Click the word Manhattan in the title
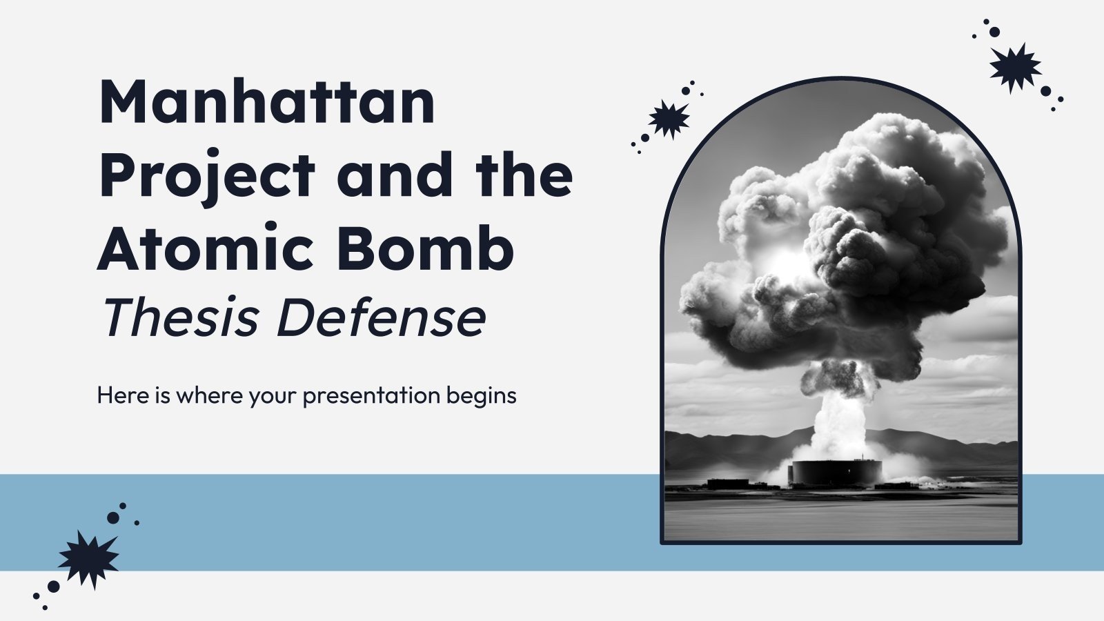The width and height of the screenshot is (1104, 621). (x=266, y=102)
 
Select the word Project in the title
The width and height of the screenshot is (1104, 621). (x=207, y=177)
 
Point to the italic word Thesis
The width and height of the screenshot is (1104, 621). (x=181, y=318)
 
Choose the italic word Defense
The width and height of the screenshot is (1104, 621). (x=381, y=318)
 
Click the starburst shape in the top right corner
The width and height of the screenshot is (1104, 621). (x=1015, y=67)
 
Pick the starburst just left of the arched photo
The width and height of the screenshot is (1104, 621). (x=669, y=119)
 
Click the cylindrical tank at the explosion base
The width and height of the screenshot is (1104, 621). (x=836, y=471)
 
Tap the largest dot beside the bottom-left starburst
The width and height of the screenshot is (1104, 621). (x=113, y=517)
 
